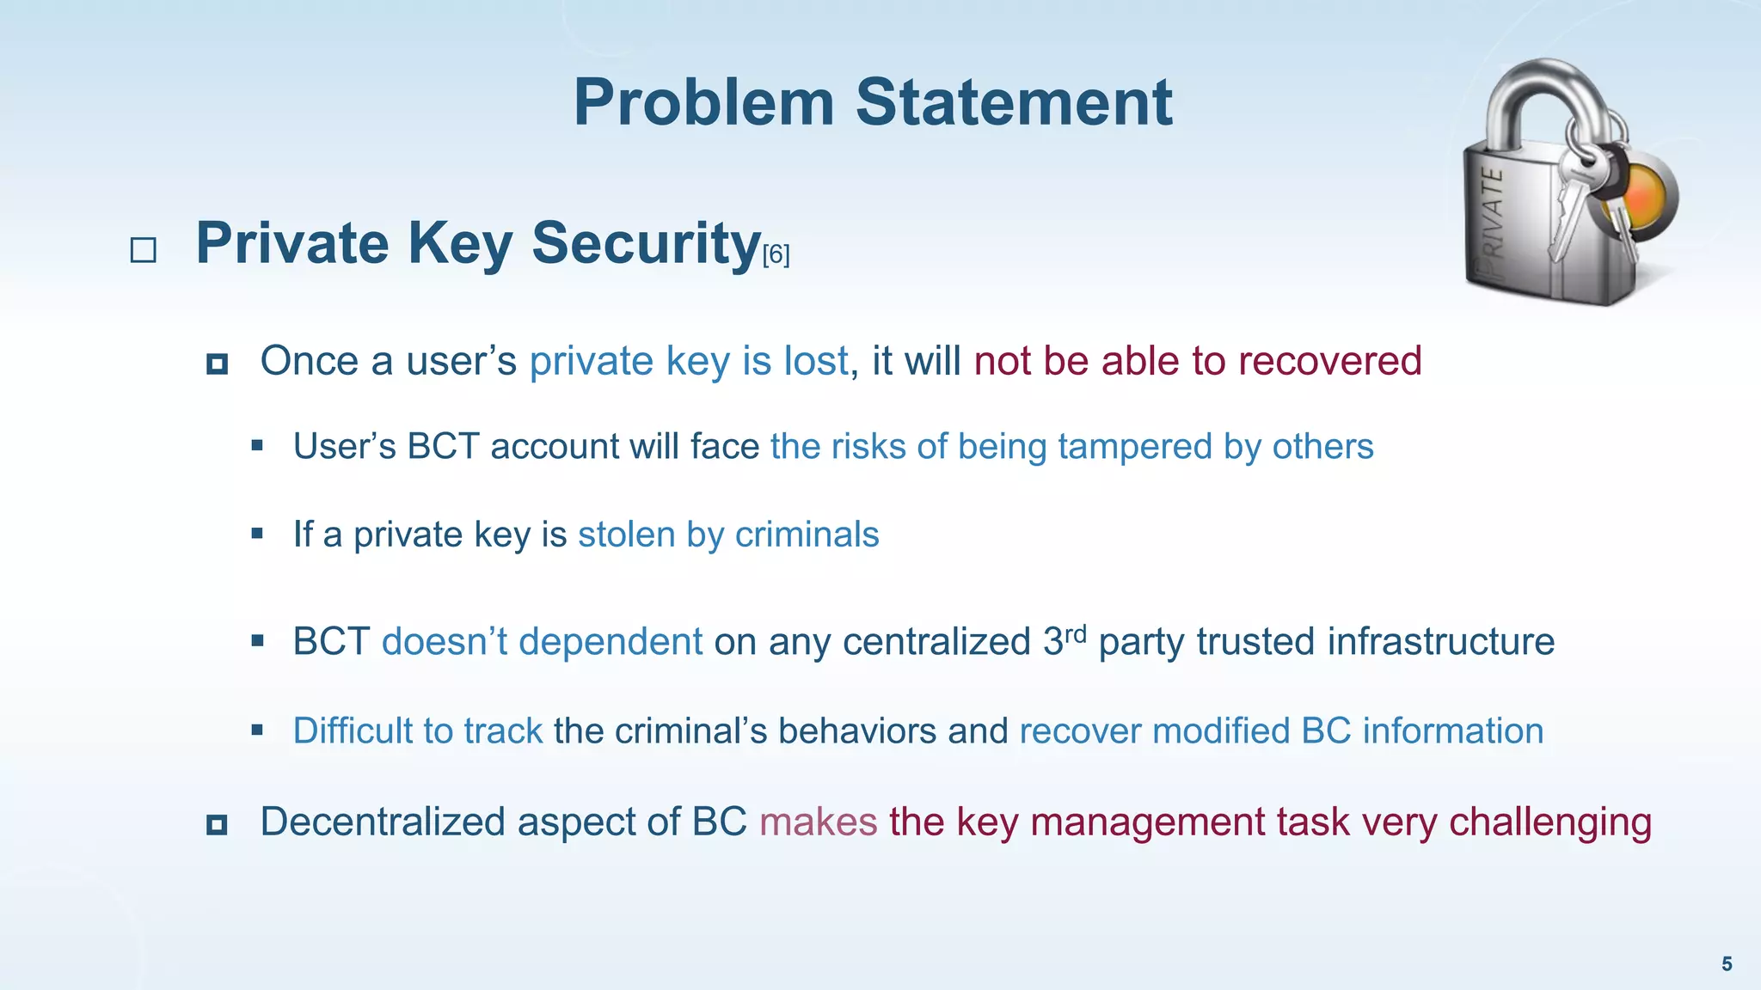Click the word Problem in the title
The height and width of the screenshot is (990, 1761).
pos(703,103)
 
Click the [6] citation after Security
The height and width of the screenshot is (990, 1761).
pos(776,254)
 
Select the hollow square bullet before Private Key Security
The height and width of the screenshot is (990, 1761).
pos(143,250)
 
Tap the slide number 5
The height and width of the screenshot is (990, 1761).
pos(1726,964)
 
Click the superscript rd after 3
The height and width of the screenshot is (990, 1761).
pos(1076,634)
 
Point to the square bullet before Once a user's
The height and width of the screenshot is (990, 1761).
pos(217,364)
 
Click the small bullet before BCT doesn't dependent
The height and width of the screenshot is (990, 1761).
pos(257,640)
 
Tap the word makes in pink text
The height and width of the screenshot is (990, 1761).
pos(818,822)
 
